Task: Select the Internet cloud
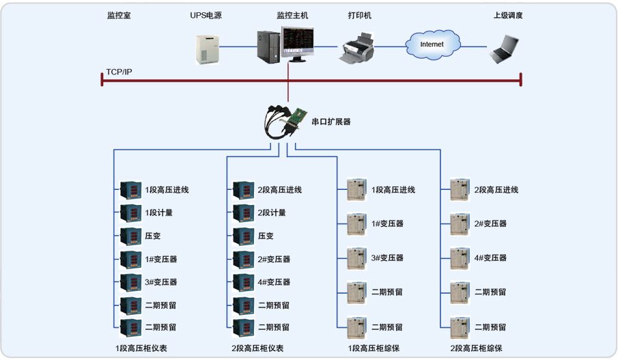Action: coord(432,44)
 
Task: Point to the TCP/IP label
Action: coord(119,72)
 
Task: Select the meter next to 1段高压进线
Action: coord(130,189)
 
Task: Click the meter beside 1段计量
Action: coord(130,212)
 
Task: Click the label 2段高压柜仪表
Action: coord(257,348)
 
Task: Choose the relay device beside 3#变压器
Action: coord(356,258)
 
